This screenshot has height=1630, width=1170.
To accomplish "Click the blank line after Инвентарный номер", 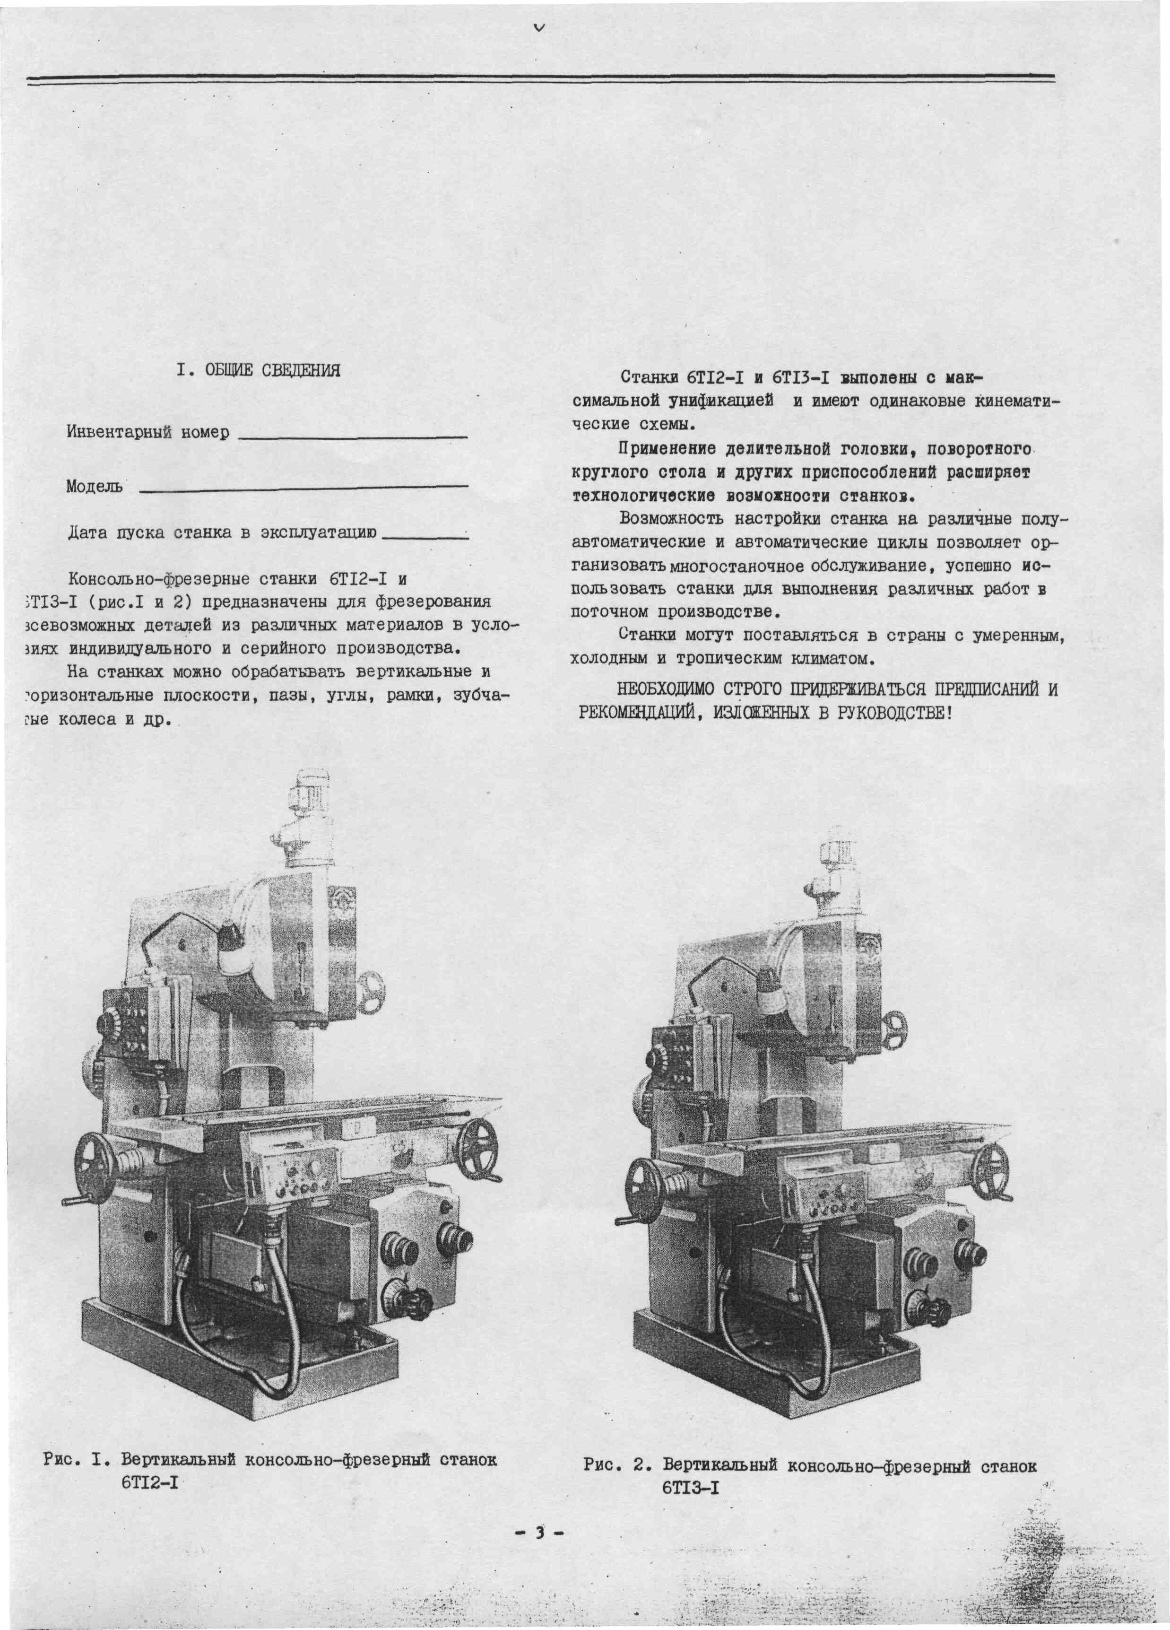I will [352, 436].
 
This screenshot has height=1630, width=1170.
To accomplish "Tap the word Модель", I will [94, 487].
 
